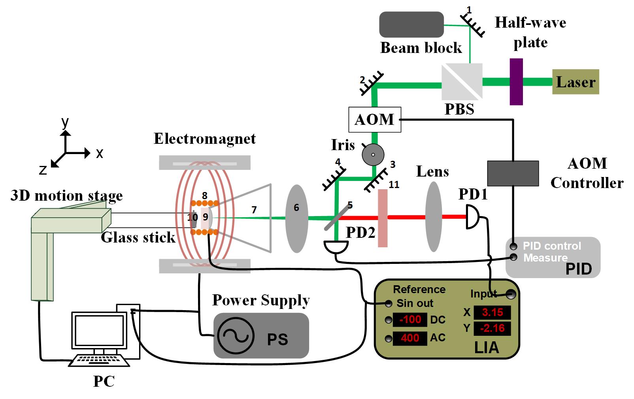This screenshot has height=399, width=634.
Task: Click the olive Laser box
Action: [575, 82]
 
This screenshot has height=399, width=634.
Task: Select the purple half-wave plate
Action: [516, 82]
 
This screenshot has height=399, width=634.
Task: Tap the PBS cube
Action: [462, 82]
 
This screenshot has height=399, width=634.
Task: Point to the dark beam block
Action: [411, 24]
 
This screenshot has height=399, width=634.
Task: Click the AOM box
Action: [375, 119]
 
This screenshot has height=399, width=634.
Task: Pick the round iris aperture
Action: [373, 154]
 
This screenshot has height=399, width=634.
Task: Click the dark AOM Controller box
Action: [513, 173]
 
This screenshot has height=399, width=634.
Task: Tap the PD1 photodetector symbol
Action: [473, 216]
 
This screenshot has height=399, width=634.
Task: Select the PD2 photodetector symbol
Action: [336, 247]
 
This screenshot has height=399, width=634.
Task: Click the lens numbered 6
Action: [296, 218]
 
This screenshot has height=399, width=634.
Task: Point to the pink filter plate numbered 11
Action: [383, 218]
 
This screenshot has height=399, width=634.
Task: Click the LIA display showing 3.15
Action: [492, 312]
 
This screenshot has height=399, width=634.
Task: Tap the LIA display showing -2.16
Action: [492, 328]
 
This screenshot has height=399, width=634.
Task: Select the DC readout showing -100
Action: [410, 320]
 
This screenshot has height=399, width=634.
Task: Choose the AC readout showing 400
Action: [410, 338]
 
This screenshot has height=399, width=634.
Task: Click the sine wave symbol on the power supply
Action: [236, 336]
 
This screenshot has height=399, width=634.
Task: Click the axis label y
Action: [65, 122]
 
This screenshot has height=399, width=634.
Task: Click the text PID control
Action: [552, 246]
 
